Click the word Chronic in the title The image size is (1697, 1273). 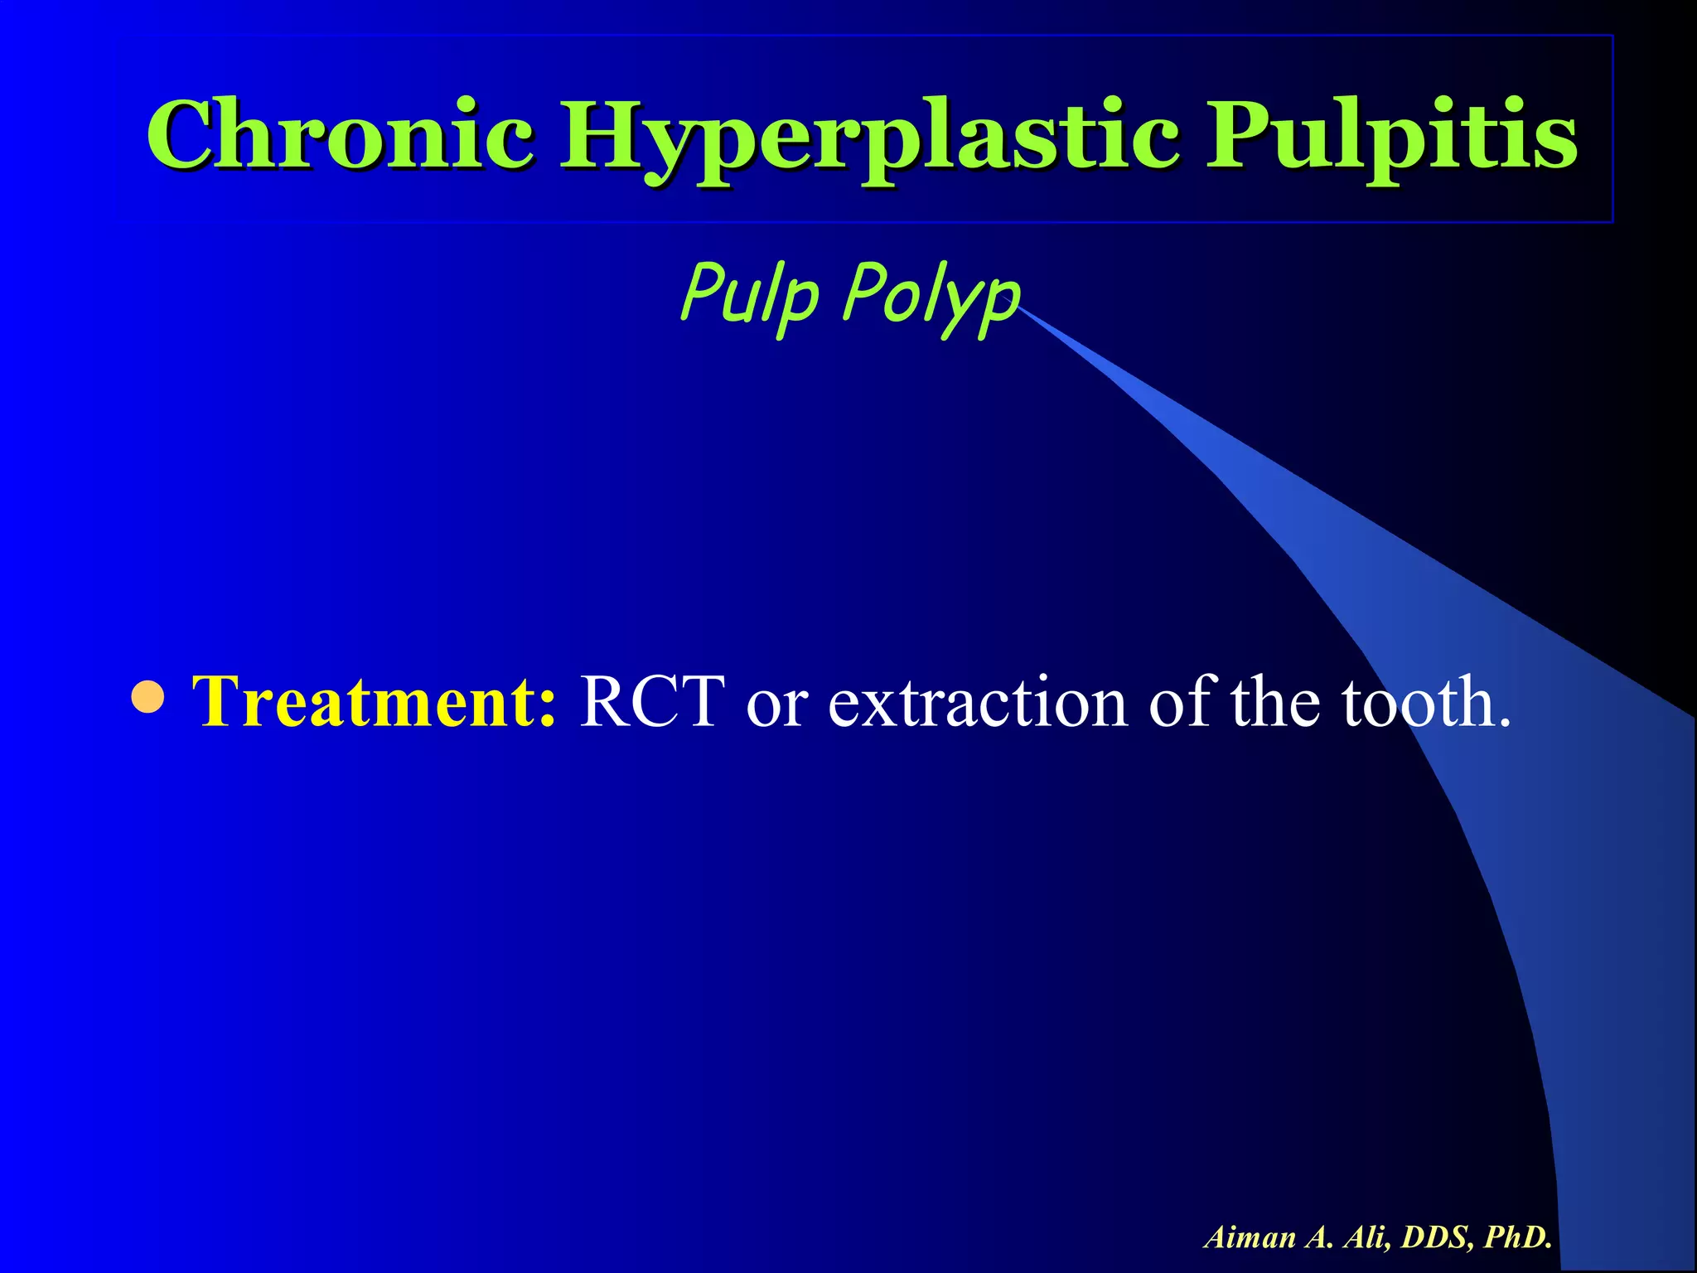pos(340,134)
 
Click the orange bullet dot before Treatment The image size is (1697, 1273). pos(148,699)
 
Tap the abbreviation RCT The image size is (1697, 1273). pos(651,702)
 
